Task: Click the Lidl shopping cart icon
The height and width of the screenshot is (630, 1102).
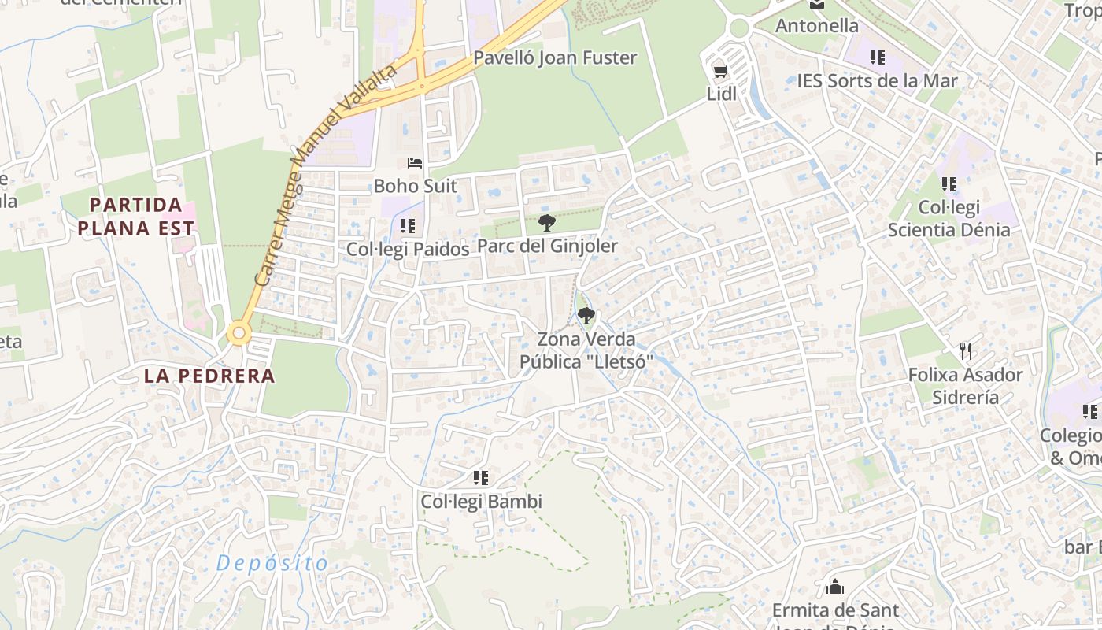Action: coord(719,72)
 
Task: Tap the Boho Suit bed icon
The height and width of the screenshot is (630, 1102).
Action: coord(415,163)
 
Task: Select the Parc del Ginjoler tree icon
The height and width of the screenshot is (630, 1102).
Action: coord(547,223)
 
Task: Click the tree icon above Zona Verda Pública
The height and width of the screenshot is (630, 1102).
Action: coord(586,316)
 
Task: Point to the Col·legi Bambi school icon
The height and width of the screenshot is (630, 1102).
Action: coord(481,477)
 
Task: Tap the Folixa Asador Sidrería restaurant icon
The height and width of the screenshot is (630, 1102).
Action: coord(966,350)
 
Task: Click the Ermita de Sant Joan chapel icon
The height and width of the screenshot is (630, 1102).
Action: coord(835,587)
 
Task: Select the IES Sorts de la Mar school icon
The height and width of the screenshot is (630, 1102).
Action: coord(878,57)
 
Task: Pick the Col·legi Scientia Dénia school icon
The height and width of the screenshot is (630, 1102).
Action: coord(949,183)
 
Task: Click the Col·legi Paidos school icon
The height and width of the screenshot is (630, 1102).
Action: coord(407,226)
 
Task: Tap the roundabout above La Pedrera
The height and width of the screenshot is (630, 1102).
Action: coord(239,333)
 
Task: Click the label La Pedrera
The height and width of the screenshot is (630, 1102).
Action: coord(209,376)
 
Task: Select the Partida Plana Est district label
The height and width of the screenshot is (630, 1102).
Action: coord(142,217)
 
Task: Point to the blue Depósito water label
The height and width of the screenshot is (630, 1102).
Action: coord(272,563)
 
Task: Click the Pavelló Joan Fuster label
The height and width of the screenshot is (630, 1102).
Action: coord(555,58)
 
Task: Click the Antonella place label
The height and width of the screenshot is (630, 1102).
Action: coord(817,26)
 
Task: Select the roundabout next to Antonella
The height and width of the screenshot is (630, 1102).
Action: coord(738,28)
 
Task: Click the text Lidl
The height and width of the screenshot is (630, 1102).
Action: coord(721,94)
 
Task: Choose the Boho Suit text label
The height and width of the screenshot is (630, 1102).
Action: coord(415,187)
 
